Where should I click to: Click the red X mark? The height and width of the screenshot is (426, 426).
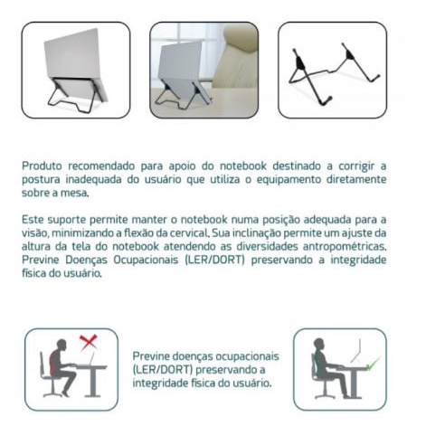coord(89,342)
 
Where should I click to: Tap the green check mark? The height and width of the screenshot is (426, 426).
coord(373,364)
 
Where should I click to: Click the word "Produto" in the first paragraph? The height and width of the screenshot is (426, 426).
coord(42,166)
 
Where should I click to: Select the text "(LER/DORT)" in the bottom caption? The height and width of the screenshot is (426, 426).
coord(162,370)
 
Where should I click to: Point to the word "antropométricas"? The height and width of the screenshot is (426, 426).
coord(345,246)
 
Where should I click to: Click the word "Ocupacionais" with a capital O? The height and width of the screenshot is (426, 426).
coord(146,260)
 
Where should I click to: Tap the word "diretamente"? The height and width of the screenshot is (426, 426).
coord(356,179)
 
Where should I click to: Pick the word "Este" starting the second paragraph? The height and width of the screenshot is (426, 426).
coord(33,220)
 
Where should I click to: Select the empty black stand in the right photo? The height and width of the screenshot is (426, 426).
coord(334,74)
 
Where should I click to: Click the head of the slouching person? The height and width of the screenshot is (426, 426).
coord(62,345)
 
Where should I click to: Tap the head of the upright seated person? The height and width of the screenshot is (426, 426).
coord(318,344)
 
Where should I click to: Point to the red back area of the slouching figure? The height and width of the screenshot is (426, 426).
coord(54,360)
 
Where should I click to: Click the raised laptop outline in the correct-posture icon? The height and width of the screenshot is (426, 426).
coord(356,352)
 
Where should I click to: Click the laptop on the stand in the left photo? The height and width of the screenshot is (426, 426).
coord(75,64)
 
